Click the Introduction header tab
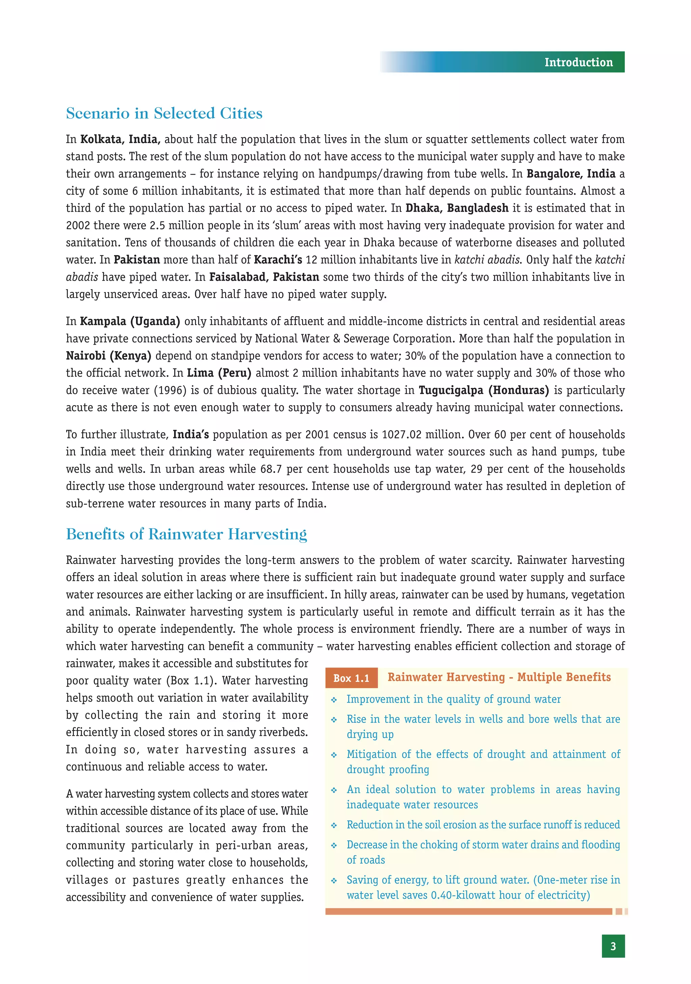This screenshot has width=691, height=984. click(578, 62)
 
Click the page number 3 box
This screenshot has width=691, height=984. click(613, 946)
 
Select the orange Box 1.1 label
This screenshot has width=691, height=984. click(351, 678)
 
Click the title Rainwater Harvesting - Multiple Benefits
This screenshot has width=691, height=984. click(499, 677)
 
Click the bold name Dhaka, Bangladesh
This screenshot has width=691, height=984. click(457, 208)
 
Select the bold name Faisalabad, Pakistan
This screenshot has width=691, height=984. click(264, 277)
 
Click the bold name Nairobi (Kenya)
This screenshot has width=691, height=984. click(108, 356)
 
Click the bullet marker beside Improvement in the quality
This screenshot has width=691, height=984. click(334, 700)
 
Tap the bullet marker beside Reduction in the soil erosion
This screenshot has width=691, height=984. click(334, 825)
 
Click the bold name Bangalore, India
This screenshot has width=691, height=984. click(571, 174)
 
